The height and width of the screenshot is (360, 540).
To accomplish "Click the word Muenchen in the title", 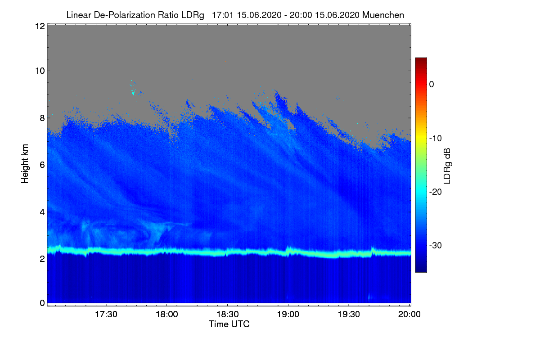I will pyautogui.click(x=383, y=15).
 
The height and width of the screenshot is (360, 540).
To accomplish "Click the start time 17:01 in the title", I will pyautogui.click(x=220, y=15).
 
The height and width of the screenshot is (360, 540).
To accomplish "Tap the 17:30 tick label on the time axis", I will pyautogui.click(x=106, y=314).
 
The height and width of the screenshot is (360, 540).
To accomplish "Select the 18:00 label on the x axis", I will pyautogui.click(x=167, y=314).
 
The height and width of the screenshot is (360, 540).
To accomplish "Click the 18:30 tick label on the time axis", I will pyautogui.click(x=228, y=314).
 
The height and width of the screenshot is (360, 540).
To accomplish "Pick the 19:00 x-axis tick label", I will pyautogui.click(x=288, y=314).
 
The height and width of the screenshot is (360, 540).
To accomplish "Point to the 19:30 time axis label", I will pyautogui.click(x=349, y=314).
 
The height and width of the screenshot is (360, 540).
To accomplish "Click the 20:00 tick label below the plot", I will pyautogui.click(x=409, y=314).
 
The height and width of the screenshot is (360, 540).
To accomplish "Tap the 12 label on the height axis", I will pyautogui.click(x=39, y=26).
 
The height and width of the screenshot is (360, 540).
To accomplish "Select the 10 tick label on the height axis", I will pyautogui.click(x=39, y=71).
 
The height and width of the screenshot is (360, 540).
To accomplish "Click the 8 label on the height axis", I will pyautogui.click(x=42, y=118).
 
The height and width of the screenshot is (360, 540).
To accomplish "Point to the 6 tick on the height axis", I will pyautogui.click(x=42, y=165).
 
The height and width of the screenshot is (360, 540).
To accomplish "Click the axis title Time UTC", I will pyautogui.click(x=229, y=324).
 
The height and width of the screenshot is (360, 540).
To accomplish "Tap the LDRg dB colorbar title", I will pyautogui.click(x=447, y=166).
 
